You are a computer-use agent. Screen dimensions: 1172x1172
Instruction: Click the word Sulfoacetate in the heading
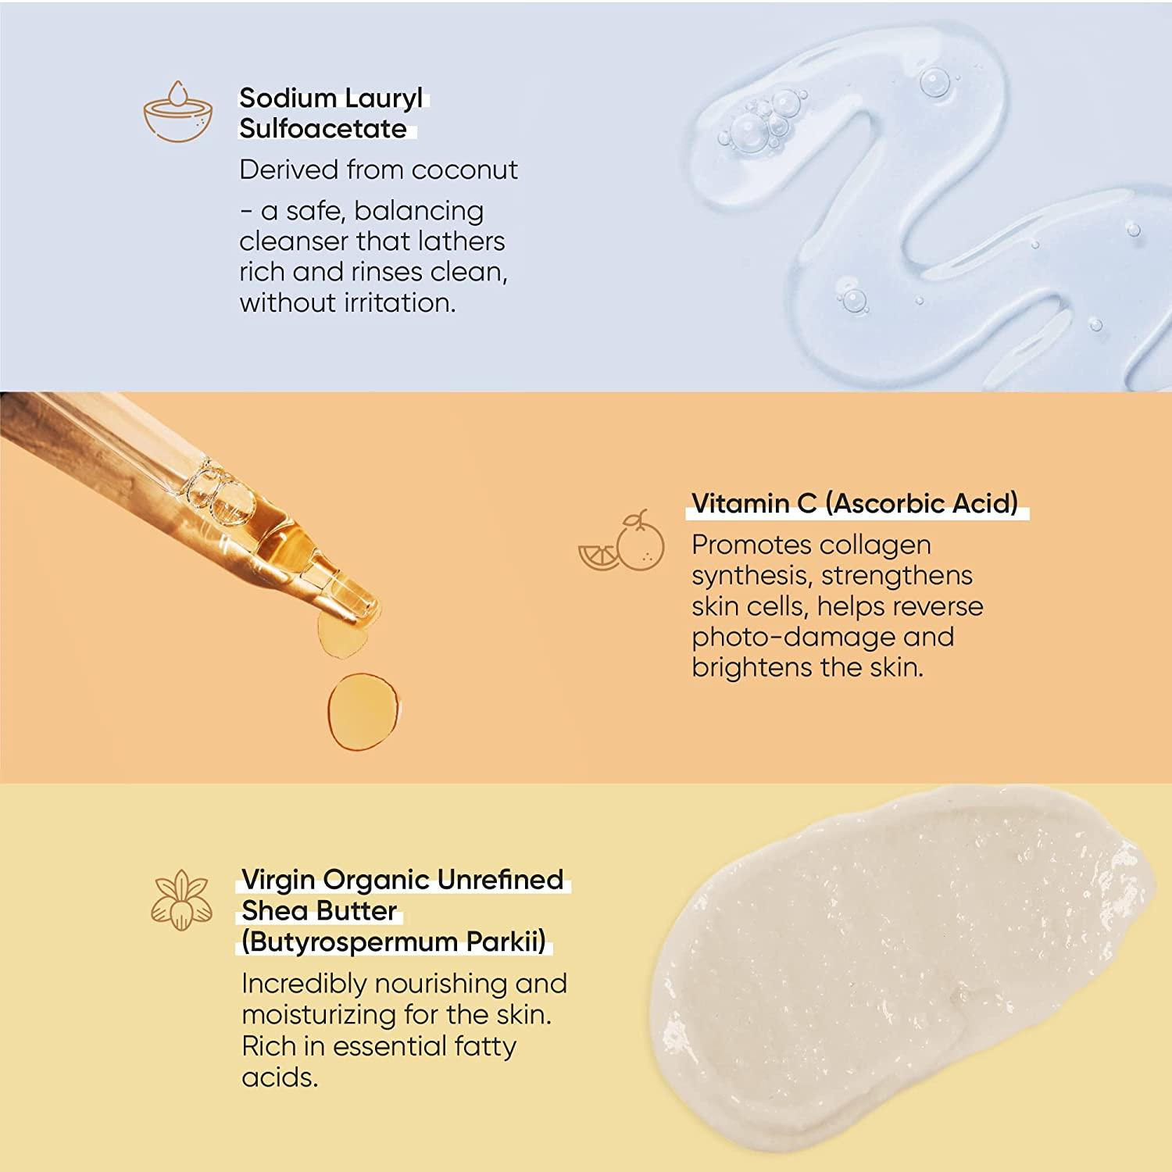(323, 128)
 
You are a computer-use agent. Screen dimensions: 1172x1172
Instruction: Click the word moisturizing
(319, 1015)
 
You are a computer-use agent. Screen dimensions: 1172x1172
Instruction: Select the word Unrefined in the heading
(500, 880)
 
